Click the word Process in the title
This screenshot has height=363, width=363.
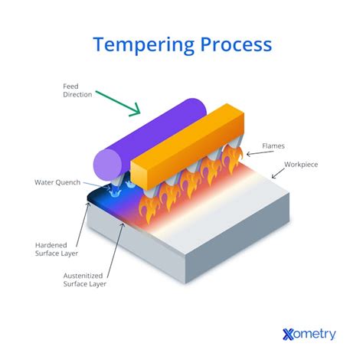234,44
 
